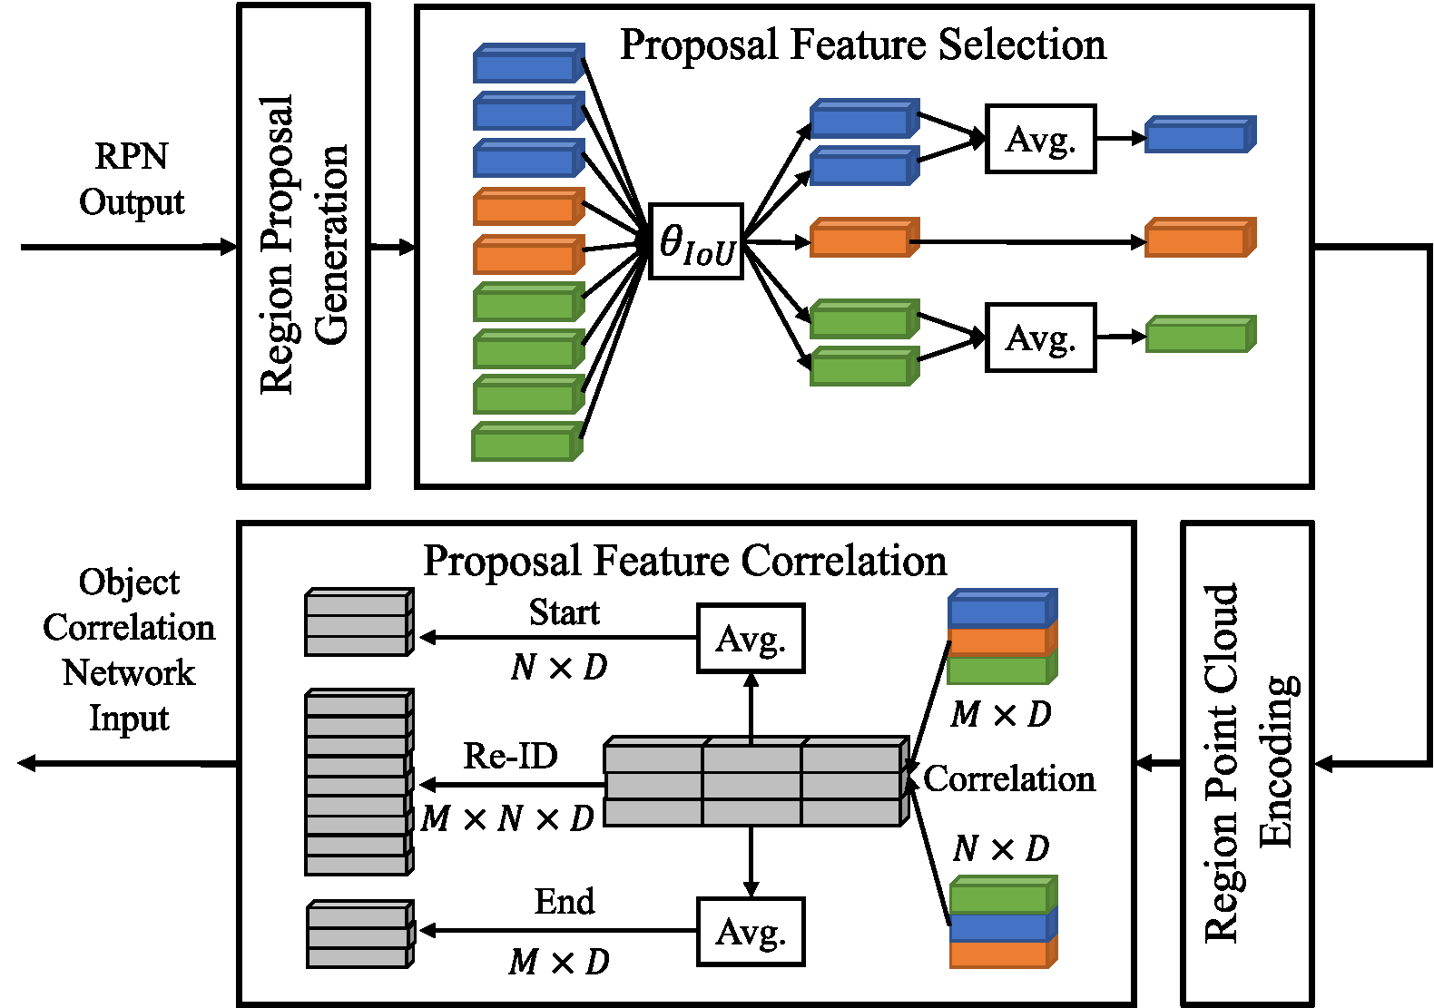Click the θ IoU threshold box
tap(696, 241)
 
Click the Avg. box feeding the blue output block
tap(1040, 139)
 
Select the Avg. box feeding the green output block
tap(1040, 338)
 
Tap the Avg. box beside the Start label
tap(751, 639)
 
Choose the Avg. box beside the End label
tap(751, 932)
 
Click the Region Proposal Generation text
tap(303, 245)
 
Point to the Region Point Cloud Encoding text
tap(1249, 762)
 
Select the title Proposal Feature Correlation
tap(684, 561)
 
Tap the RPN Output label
tap(132, 179)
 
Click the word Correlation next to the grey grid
tap(1009, 778)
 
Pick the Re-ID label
tap(510, 756)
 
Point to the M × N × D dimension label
tap(507, 818)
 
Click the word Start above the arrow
tap(564, 612)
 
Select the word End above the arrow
tap(564, 902)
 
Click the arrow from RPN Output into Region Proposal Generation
tap(127, 247)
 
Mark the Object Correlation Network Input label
tap(129, 650)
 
